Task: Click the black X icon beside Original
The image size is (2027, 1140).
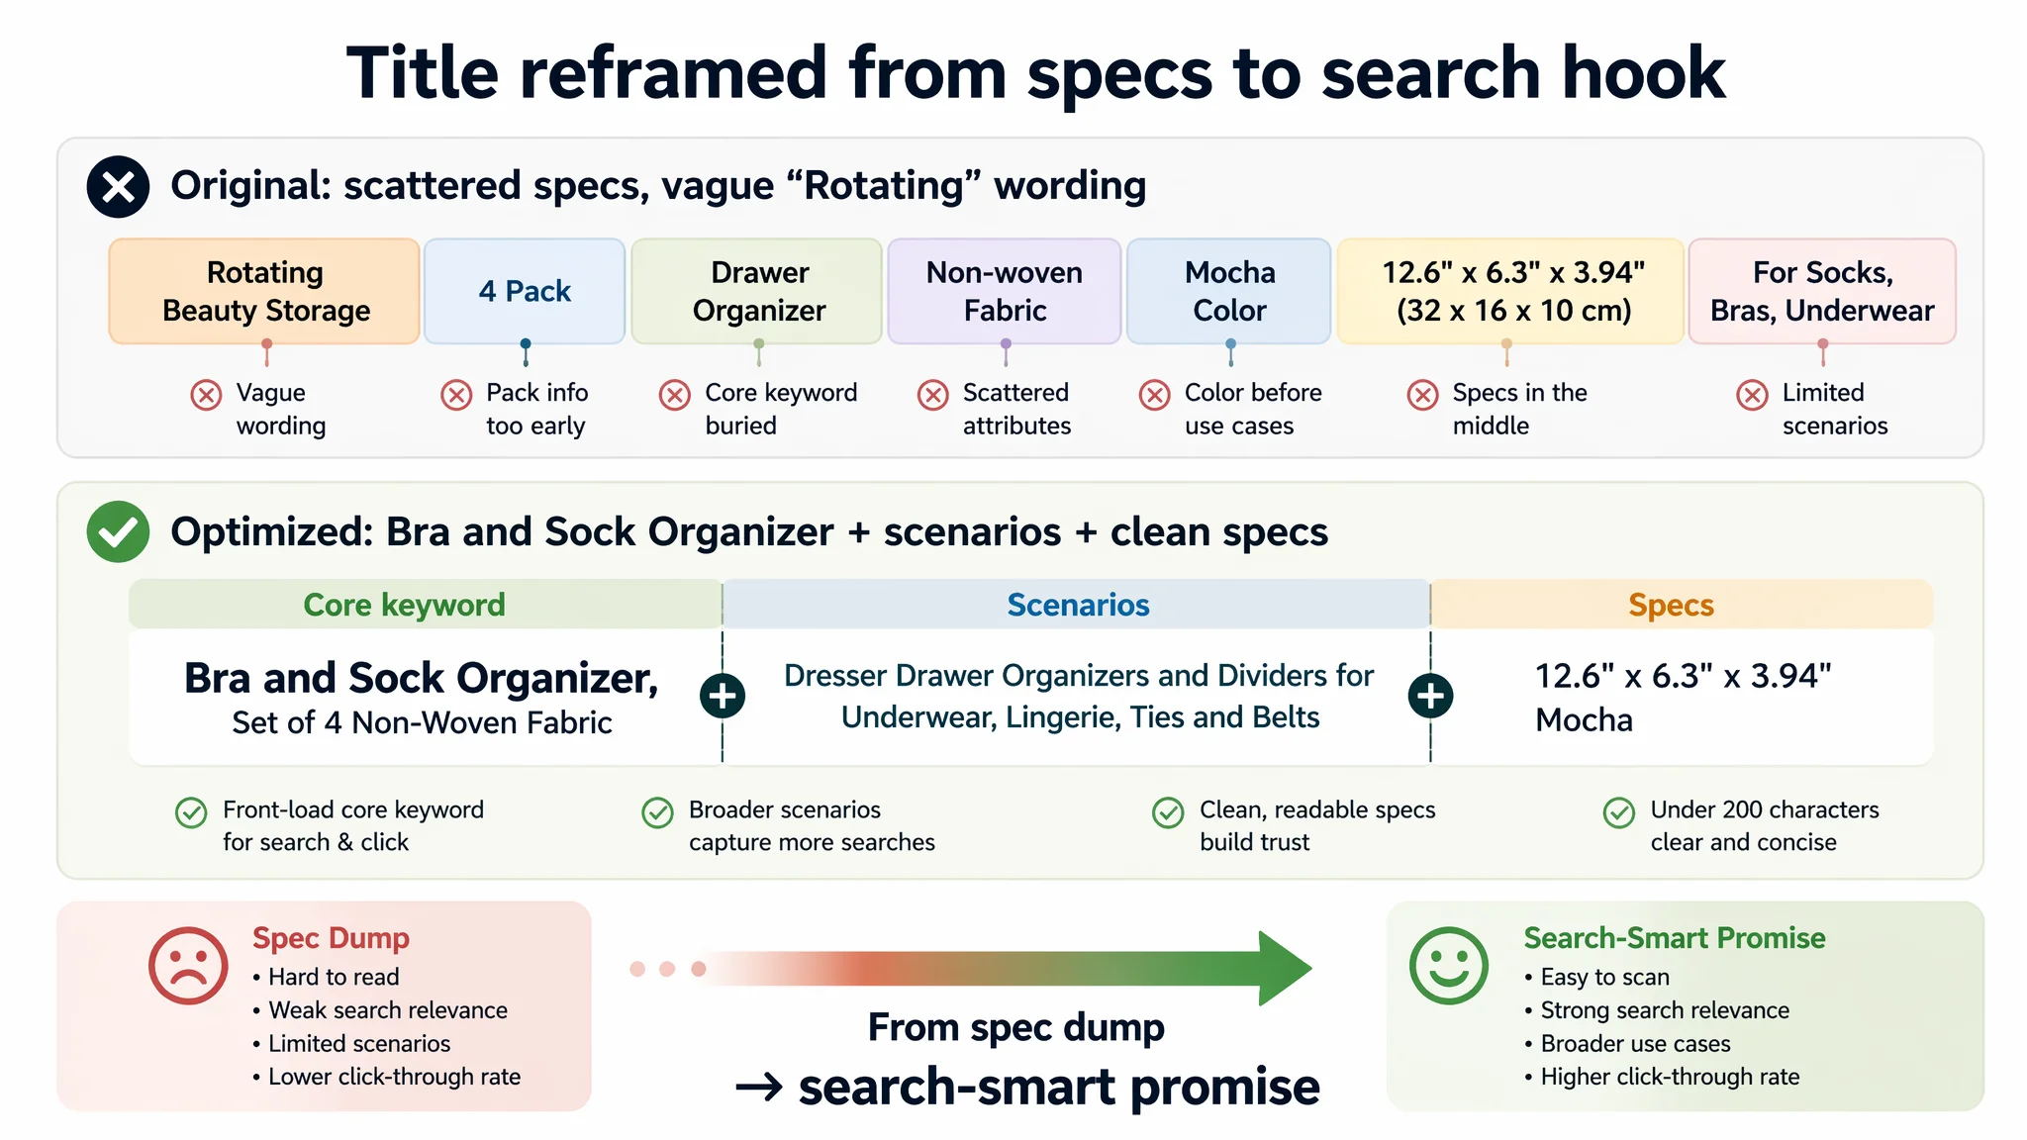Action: [x=118, y=186]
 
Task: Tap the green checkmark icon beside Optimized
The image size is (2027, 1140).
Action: [x=118, y=531]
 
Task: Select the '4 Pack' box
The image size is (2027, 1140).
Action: [x=525, y=291]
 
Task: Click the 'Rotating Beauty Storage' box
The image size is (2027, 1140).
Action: [x=265, y=291]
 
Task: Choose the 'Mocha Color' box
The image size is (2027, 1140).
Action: [x=1229, y=291]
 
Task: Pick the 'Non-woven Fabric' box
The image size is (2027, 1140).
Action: [x=1005, y=291]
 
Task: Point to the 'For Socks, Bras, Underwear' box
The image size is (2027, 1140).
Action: [x=1822, y=291]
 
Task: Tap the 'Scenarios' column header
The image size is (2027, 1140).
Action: [x=1077, y=605]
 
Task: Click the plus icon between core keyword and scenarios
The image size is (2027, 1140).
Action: [x=723, y=696]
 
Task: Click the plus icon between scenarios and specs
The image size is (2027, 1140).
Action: [x=1430, y=696]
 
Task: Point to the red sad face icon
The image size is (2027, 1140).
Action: [x=188, y=966]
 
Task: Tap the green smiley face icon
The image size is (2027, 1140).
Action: [x=1449, y=966]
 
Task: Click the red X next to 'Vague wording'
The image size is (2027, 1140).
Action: [x=206, y=395]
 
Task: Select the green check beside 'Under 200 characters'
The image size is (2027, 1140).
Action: [x=1619, y=812]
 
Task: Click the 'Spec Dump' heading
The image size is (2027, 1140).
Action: [x=331, y=937]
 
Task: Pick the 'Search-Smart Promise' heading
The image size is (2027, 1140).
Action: [x=1675, y=937]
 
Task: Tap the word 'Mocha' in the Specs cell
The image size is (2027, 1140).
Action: [x=1584, y=719]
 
